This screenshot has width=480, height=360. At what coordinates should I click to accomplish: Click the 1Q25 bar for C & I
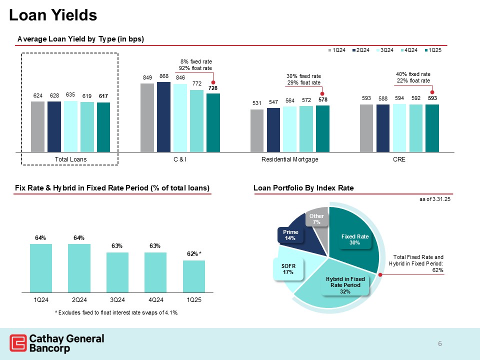coord(213,122)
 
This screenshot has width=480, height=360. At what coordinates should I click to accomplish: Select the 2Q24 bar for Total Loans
coord(54,126)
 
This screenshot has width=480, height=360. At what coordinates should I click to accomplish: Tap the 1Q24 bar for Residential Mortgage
coord(256,130)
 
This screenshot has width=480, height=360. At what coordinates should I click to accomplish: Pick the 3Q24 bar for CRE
coord(399,127)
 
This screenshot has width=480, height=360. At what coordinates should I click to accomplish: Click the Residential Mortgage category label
coord(289,159)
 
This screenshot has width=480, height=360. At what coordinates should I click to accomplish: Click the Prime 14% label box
coord(290,235)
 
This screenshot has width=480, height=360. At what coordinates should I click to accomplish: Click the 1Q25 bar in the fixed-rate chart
coord(194,275)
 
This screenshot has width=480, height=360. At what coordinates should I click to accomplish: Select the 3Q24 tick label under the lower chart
coord(117,299)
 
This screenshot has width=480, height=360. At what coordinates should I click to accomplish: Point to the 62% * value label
coord(194,254)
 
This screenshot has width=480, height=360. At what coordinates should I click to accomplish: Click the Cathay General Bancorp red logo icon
coord(18,343)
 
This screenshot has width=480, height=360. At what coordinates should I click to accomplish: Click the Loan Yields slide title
coord(53,15)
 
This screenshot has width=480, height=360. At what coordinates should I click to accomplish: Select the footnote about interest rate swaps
coord(116,312)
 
